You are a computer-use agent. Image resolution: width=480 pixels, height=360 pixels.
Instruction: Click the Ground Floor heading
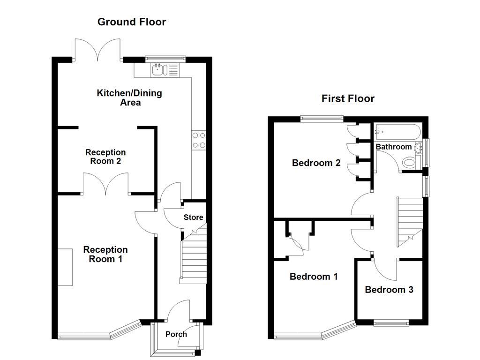coord(131,22)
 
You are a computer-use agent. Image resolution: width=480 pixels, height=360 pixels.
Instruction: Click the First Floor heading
coord(348,98)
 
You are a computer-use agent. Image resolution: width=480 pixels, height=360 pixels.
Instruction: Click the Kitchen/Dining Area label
coord(129,97)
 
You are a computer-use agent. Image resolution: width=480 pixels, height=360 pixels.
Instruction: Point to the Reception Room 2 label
coord(105,157)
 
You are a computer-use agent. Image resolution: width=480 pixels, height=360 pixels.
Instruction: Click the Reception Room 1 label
coord(105,254)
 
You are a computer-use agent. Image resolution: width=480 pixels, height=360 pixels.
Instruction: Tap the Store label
coord(193,217)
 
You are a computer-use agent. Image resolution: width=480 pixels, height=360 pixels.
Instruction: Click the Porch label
coord(176,334)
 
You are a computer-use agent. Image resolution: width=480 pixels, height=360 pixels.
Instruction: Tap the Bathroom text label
coord(394,147)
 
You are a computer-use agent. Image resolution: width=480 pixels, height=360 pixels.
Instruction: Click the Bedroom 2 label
coord(316,163)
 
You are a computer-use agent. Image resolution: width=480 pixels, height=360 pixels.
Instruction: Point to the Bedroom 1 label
coord(314,277)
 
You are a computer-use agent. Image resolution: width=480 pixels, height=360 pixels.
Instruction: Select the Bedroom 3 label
coord(389,290)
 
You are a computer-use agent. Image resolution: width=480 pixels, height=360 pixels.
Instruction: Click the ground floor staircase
coord(193,258)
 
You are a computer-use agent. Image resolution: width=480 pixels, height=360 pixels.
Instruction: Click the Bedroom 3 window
coord(391,322)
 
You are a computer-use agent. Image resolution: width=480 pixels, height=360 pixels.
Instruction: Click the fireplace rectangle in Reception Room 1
coord(65,267)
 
